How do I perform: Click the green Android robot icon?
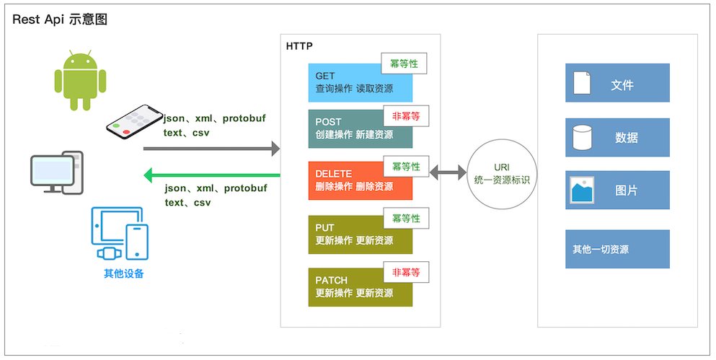pyautogui.click(x=80, y=79)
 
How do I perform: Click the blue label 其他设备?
pyautogui.click(x=124, y=273)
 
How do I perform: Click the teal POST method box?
pyautogui.click(x=360, y=128)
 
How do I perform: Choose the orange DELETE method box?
pyautogui.click(x=360, y=180)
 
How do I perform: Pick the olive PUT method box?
pyautogui.click(x=360, y=234)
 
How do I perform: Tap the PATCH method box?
pyautogui.click(x=360, y=286)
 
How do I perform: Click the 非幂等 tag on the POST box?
pyautogui.click(x=406, y=115)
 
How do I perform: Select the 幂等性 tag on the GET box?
pyautogui.click(x=404, y=63)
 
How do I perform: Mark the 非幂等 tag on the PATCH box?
pyautogui.click(x=406, y=273)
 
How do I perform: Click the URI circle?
pyautogui.click(x=503, y=174)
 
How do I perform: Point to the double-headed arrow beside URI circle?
pyautogui.click(x=448, y=173)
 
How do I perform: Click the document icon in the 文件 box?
pyautogui.click(x=582, y=83)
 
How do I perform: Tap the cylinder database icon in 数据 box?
pyautogui.click(x=582, y=137)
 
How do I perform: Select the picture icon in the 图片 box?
pyautogui.click(x=582, y=190)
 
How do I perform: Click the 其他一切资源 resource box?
pyautogui.click(x=617, y=250)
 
